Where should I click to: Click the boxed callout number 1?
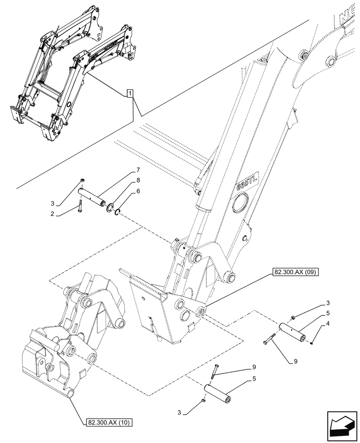pyautogui.click(x=129, y=93)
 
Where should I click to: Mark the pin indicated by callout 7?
pyautogui.click(x=94, y=196)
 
